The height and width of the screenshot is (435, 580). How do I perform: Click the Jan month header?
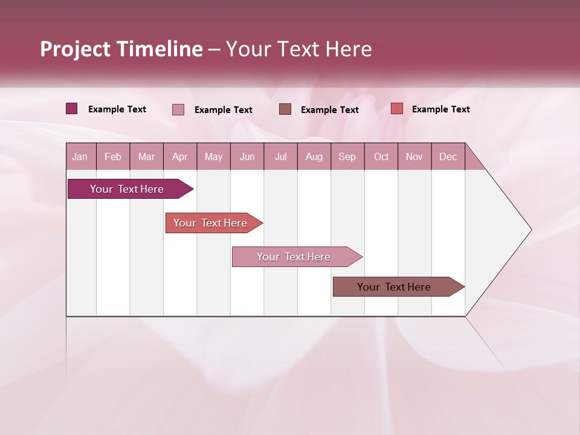80,156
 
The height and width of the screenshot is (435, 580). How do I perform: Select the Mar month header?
146,156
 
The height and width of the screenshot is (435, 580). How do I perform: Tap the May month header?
213,156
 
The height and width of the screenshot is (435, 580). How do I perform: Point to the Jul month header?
280,156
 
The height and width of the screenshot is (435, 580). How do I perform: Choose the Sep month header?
347,156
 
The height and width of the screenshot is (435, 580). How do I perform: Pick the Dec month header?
448,156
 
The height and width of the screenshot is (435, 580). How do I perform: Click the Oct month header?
381,156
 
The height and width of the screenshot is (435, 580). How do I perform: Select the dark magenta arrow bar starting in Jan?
127,189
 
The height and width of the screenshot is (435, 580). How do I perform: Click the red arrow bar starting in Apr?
211,223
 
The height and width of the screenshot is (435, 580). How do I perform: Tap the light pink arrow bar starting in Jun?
294,257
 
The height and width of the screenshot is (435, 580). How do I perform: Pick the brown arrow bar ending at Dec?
395,287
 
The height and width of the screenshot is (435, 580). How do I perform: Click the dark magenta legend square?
72,109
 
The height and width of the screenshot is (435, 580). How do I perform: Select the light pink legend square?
178,109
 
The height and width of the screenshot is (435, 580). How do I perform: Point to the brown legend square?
285,109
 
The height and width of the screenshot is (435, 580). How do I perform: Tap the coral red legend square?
396,109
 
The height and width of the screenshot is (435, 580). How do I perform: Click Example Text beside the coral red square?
440,109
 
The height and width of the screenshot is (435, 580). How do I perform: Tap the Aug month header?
314,156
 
